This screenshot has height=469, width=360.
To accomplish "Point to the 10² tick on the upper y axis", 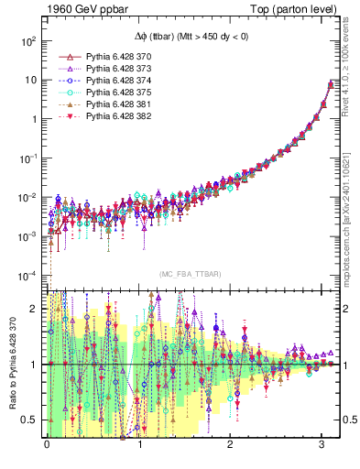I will click(27, 41).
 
